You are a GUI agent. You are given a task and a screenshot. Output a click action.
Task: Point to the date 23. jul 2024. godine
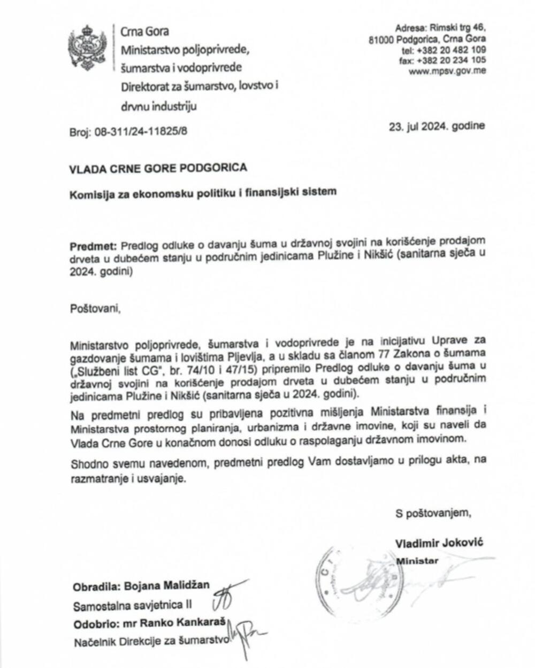pos(438,127)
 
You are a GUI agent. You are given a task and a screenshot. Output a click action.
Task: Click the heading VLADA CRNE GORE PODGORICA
pos(158,168)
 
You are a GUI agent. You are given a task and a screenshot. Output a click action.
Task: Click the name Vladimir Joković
pos(439,543)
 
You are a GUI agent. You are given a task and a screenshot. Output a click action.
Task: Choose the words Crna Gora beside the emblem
pos(144,32)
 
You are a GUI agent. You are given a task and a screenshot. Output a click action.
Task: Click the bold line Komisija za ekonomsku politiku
pos(204,191)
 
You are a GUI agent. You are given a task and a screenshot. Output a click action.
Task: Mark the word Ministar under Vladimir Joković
pos(417,561)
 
